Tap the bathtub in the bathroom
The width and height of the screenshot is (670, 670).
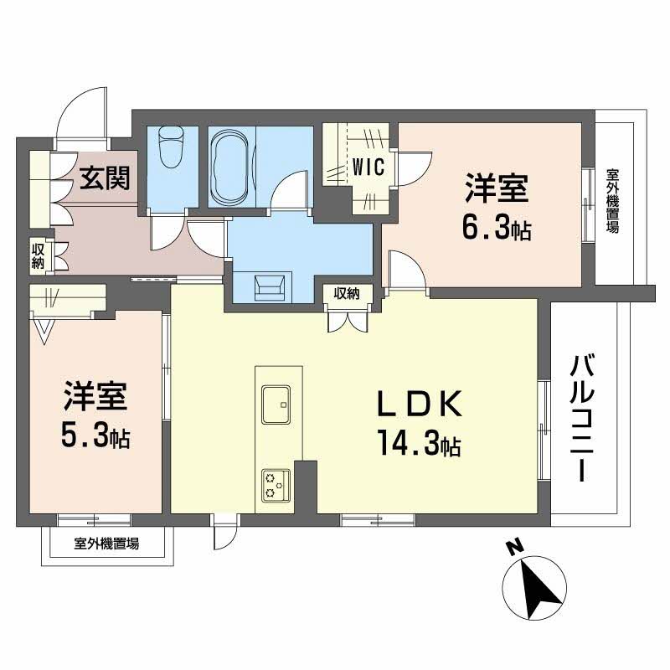click(x=229, y=168)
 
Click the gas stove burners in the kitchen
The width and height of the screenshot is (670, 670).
click(x=275, y=483)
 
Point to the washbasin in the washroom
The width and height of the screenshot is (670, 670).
click(x=272, y=286)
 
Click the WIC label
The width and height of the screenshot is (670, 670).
click(x=368, y=166)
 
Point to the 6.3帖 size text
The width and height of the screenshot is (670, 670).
click(x=497, y=229)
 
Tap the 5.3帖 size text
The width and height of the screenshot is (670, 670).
click(x=94, y=436)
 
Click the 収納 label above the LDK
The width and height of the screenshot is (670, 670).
click(x=346, y=293)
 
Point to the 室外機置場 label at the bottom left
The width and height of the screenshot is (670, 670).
click(x=106, y=544)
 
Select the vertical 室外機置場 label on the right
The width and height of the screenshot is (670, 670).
click(x=612, y=202)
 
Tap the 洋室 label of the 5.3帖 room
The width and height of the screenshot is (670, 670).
click(x=95, y=397)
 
